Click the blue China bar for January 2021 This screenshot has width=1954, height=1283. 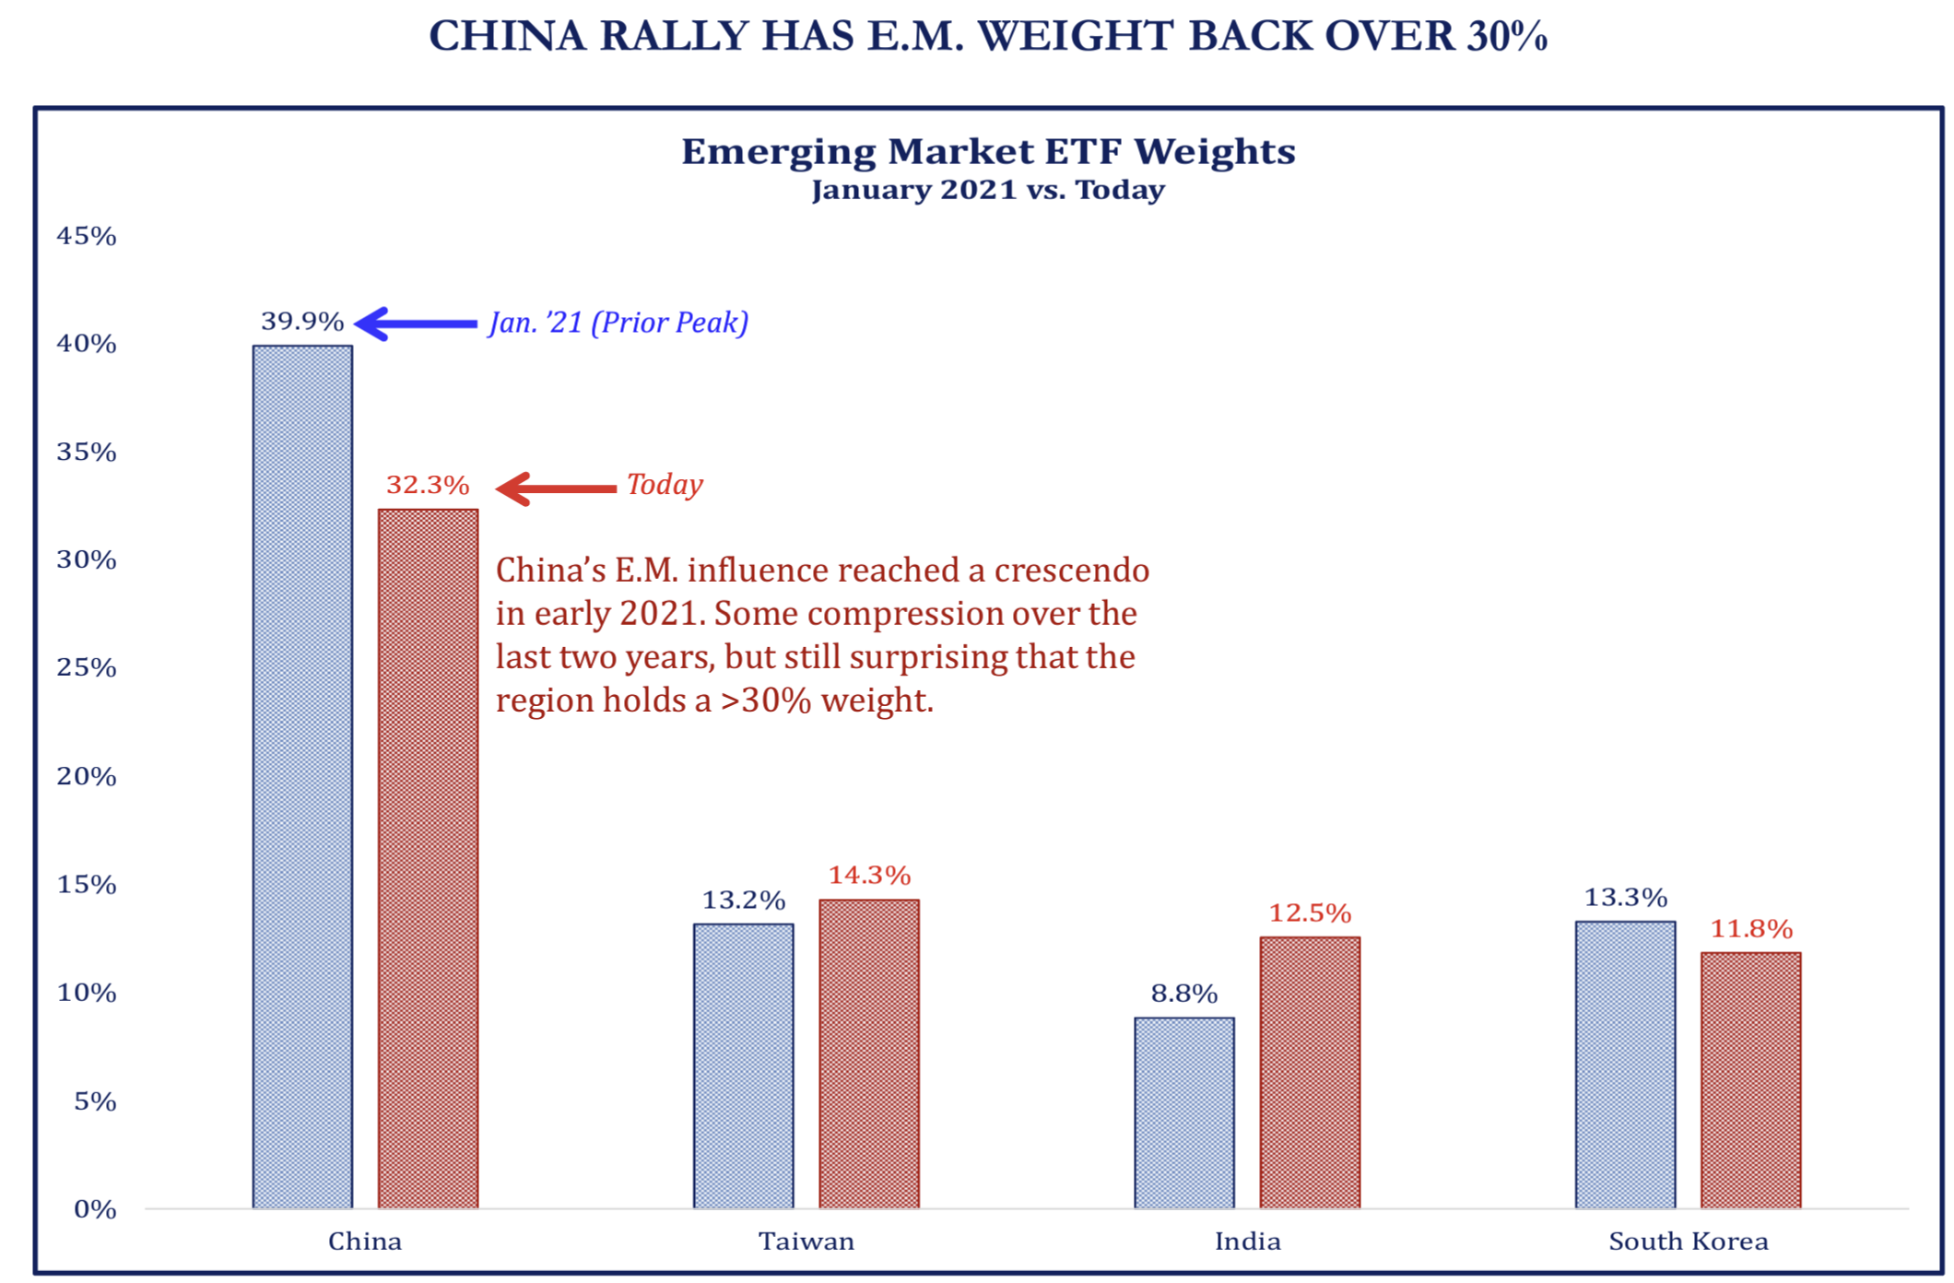(302, 776)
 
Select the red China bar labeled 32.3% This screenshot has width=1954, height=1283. (428, 857)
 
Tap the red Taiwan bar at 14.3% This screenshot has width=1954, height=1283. (868, 1053)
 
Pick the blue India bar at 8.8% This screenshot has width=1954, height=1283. (1183, 1112)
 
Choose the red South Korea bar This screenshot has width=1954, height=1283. (1749, 1079)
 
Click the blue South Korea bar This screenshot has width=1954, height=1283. (1624, 1064)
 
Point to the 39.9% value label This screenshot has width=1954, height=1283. (302, 322)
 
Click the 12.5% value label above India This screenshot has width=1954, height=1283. (1309, 913)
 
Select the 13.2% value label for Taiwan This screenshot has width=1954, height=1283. (743, 900)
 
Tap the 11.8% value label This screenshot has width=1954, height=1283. (1750, 928)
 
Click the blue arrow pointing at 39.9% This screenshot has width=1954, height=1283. (416, 324)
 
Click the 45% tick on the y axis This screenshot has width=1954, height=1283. (87, 236)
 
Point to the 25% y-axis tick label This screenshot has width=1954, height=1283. (87, 667)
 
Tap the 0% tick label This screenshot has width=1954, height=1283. (95, 1208)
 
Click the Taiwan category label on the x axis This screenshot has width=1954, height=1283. (806, 1242)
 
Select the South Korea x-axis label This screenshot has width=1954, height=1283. (1688, 1242)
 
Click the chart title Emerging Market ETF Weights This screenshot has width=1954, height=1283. (987, 151)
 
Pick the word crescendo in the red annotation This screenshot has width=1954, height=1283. (1072, 571)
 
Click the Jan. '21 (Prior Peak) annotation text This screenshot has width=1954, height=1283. (618, 323)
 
